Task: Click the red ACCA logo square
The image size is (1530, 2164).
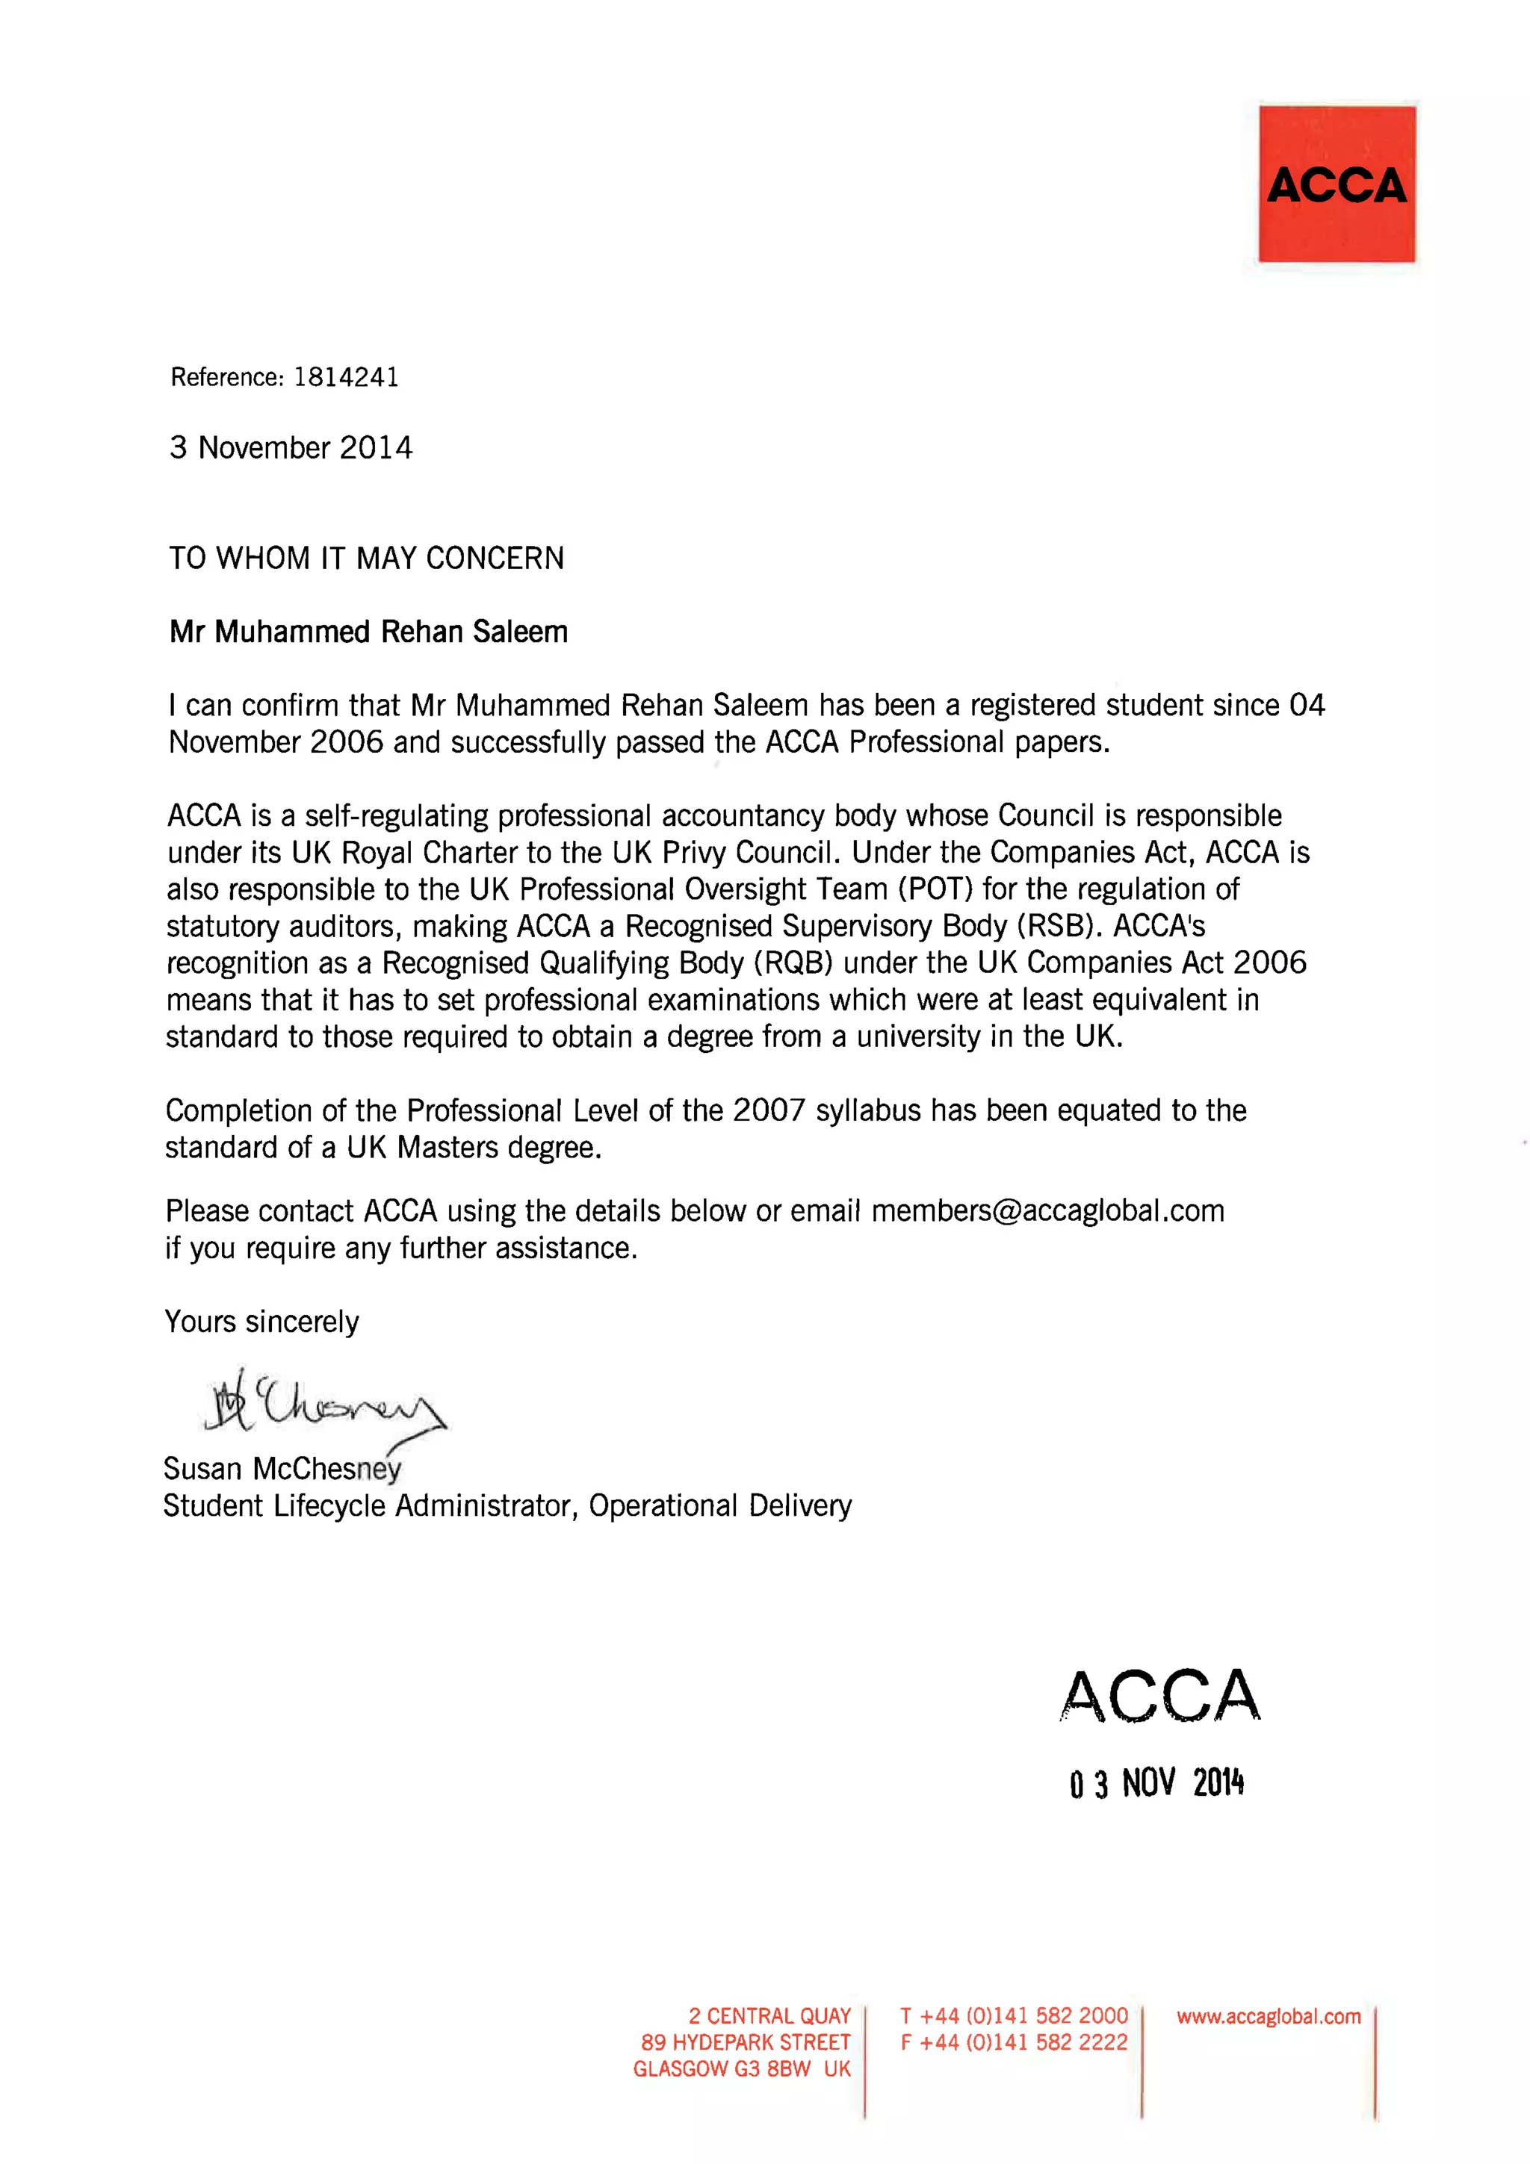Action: [1336, 184]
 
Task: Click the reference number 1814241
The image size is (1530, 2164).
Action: [346, 377]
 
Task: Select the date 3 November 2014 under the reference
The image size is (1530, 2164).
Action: [291, 448]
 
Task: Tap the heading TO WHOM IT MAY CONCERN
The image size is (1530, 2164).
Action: [366, 558]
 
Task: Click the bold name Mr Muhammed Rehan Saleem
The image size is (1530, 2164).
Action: [368, 632]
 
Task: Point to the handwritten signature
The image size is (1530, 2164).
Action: [320, 1405]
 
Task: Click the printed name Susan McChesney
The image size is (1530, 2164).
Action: [282, 1468]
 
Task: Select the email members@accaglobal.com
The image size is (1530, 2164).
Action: [1047, 1210]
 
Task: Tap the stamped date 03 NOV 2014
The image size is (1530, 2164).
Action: [1156, 1783]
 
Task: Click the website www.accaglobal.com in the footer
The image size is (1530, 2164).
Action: [1268, 2016]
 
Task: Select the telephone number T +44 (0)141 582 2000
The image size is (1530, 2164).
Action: [1014, 2016]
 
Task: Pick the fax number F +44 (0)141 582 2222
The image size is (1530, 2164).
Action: [1014, 2042]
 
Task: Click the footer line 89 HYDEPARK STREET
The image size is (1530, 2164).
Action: [745, 2042]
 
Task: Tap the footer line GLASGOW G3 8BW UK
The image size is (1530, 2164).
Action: [741, 2069]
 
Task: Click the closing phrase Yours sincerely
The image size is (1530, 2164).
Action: [262, 1322]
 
